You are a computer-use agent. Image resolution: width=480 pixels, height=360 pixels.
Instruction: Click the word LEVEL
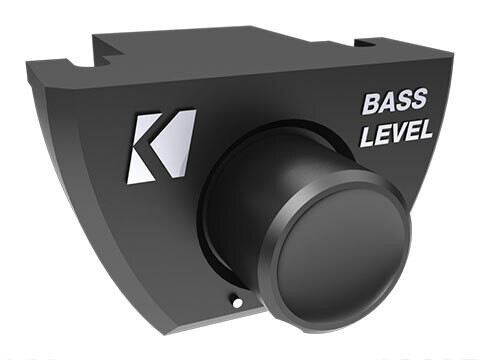pyautogui.click(x=396, y=132)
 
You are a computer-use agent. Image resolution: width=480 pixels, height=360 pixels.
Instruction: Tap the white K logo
pyautogui.click(x=160, y=145)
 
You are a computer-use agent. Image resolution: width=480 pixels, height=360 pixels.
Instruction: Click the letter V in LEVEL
pyautogui.click(x=397, y=132)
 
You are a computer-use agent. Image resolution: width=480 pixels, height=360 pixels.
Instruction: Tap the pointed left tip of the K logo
pyautogui.click(x=131, y=151)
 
